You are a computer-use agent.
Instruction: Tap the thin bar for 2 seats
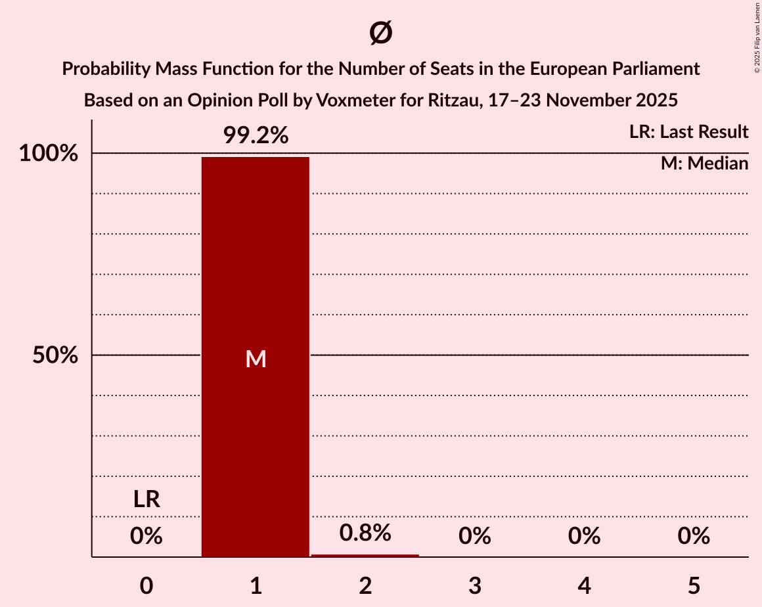[x=365, y=556]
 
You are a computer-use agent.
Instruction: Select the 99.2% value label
[x=255, y=135]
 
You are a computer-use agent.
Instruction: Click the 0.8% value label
[x=365, y=532]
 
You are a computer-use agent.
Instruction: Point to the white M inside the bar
[x=255, y=359]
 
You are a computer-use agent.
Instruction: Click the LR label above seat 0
[x=146, y=499]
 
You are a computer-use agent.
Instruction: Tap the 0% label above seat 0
[x=146, y=536]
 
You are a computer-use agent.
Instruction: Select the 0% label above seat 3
[x=474, y=536]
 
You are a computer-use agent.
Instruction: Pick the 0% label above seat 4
[x=584, y=536]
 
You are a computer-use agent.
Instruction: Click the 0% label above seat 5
[x=694, y=536]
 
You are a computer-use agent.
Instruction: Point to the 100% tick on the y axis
[x=48, y=154]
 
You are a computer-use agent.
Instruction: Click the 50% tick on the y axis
[x=55, y=355]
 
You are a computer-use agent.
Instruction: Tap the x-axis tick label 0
[x=146, y=585]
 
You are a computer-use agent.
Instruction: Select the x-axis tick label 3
[x=474, y=585]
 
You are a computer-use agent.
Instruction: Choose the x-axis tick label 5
[x=694, y=585]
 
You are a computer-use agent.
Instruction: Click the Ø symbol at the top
[x=380, y=33]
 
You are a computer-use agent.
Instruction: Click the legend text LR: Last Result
[x=688, y=132]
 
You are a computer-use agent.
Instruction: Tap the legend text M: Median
[x=704, y=164]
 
